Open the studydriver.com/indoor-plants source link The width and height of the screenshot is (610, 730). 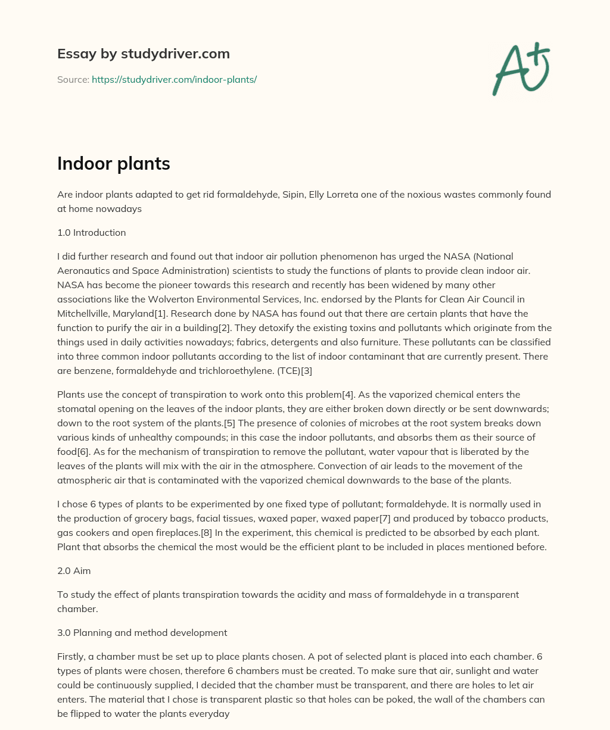tap(174, 79)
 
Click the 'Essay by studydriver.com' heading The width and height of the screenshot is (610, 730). tap(143, 54)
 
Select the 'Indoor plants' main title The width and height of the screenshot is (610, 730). tap(113, 164)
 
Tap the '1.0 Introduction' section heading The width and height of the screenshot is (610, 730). tap(91, 232)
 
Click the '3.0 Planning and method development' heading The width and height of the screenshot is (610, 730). tap(142, 632)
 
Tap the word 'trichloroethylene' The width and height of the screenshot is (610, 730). tap(223, 370)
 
